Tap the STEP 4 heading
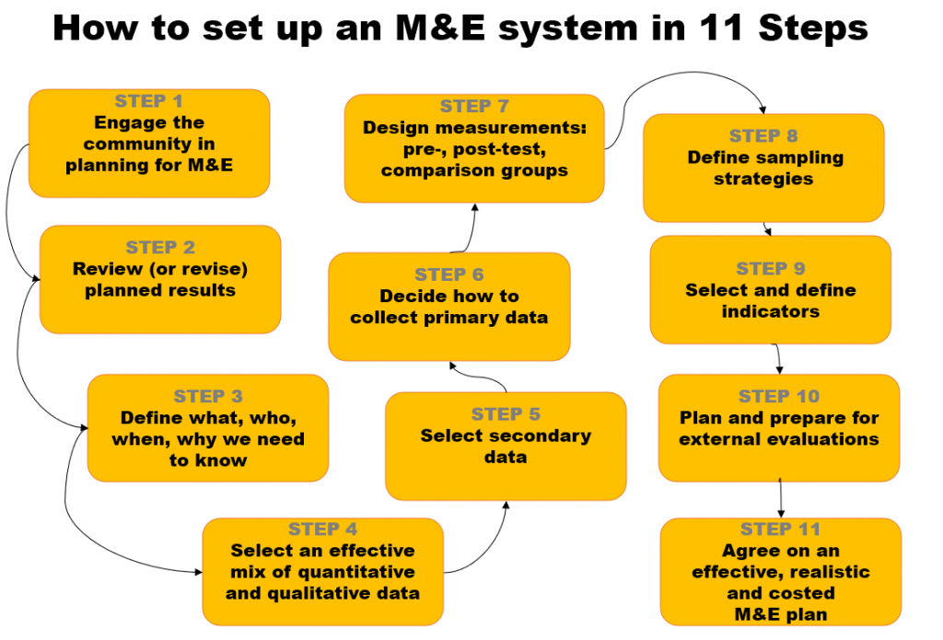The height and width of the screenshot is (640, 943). tap(322, 529)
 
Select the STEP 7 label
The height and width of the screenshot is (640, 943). tap(474, 106)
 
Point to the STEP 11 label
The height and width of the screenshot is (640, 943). tap(780, 529)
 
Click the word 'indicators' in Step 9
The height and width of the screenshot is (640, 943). tap(771, 311)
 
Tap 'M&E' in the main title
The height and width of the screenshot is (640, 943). tap(438, 29)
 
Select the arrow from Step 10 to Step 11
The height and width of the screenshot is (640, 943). tap(781, 499)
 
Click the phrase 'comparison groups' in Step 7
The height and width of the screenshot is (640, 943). tap(474, 170)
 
